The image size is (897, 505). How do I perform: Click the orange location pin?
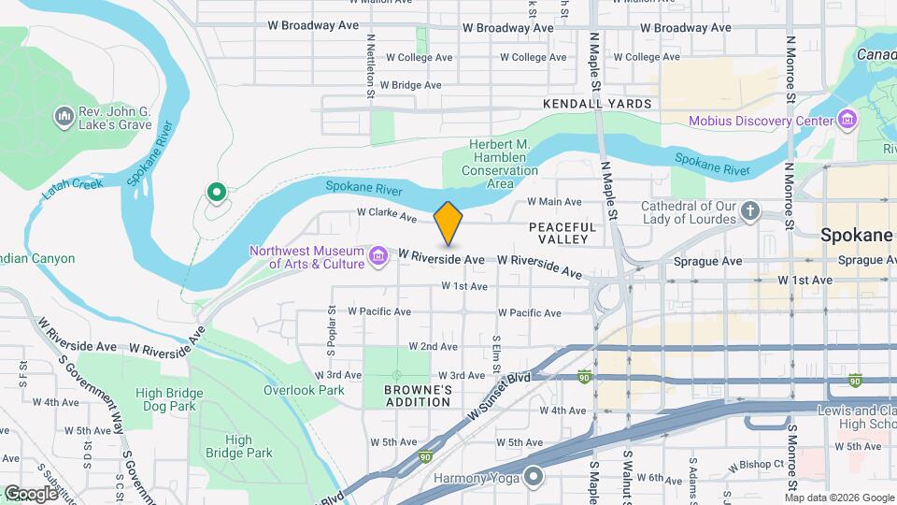448,223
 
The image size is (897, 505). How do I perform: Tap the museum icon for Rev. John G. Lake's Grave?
64,116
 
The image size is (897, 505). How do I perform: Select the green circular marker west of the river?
217,194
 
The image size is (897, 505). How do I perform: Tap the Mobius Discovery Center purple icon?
847,121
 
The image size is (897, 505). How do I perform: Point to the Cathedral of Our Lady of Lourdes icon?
750,211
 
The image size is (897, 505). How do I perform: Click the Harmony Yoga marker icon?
534,477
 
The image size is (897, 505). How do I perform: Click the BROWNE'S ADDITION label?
418,396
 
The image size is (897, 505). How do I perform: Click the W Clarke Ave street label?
386,216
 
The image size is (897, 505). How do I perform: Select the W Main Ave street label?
554,201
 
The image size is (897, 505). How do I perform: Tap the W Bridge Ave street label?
405,84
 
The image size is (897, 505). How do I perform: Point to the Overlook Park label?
305,390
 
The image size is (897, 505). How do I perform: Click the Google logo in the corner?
31,493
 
